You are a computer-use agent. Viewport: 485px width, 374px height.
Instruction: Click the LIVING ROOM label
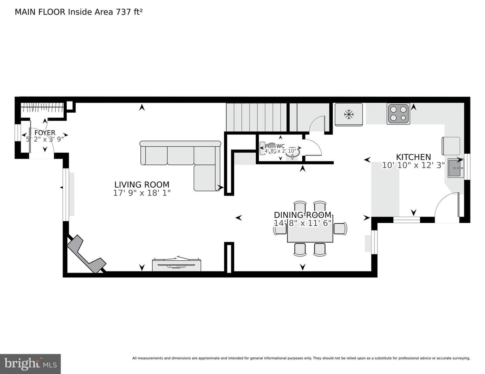[142, 185]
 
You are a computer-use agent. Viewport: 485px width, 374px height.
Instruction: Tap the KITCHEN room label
[413, 157]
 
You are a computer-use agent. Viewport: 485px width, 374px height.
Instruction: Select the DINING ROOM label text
[302, 215]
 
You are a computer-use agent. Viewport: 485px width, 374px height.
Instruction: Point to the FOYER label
[45, 133]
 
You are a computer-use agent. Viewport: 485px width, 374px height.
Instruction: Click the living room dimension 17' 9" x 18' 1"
[142, 193]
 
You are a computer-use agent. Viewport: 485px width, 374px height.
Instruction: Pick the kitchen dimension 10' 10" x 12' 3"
[413, 165]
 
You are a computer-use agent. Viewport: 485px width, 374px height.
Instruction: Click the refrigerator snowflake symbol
[349, 115]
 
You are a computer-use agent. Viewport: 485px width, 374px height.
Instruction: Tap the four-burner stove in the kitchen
[398, 114]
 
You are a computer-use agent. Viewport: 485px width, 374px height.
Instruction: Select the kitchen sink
[456, 168]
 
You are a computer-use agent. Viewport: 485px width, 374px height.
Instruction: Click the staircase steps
[256, 117]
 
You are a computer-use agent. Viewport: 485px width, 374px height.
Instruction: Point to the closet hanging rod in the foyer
[42, 108]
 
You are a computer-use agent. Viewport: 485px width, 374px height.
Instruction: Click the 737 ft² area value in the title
[129, 12]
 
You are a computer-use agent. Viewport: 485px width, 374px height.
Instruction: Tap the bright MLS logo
[30, 364]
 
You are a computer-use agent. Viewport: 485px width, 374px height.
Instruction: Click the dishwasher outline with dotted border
[451, 146]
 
